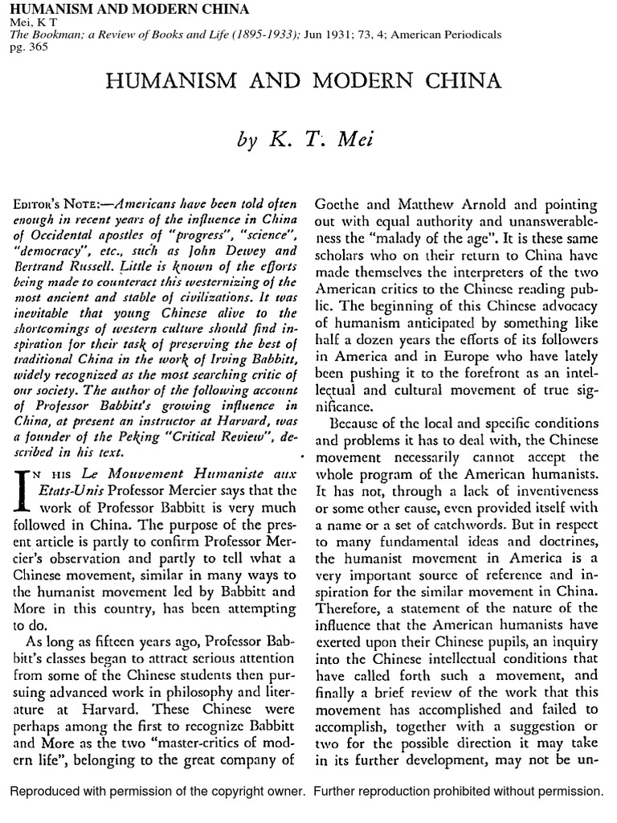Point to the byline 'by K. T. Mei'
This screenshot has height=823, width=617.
[308, 140]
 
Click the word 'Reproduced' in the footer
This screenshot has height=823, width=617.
[46, 792]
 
